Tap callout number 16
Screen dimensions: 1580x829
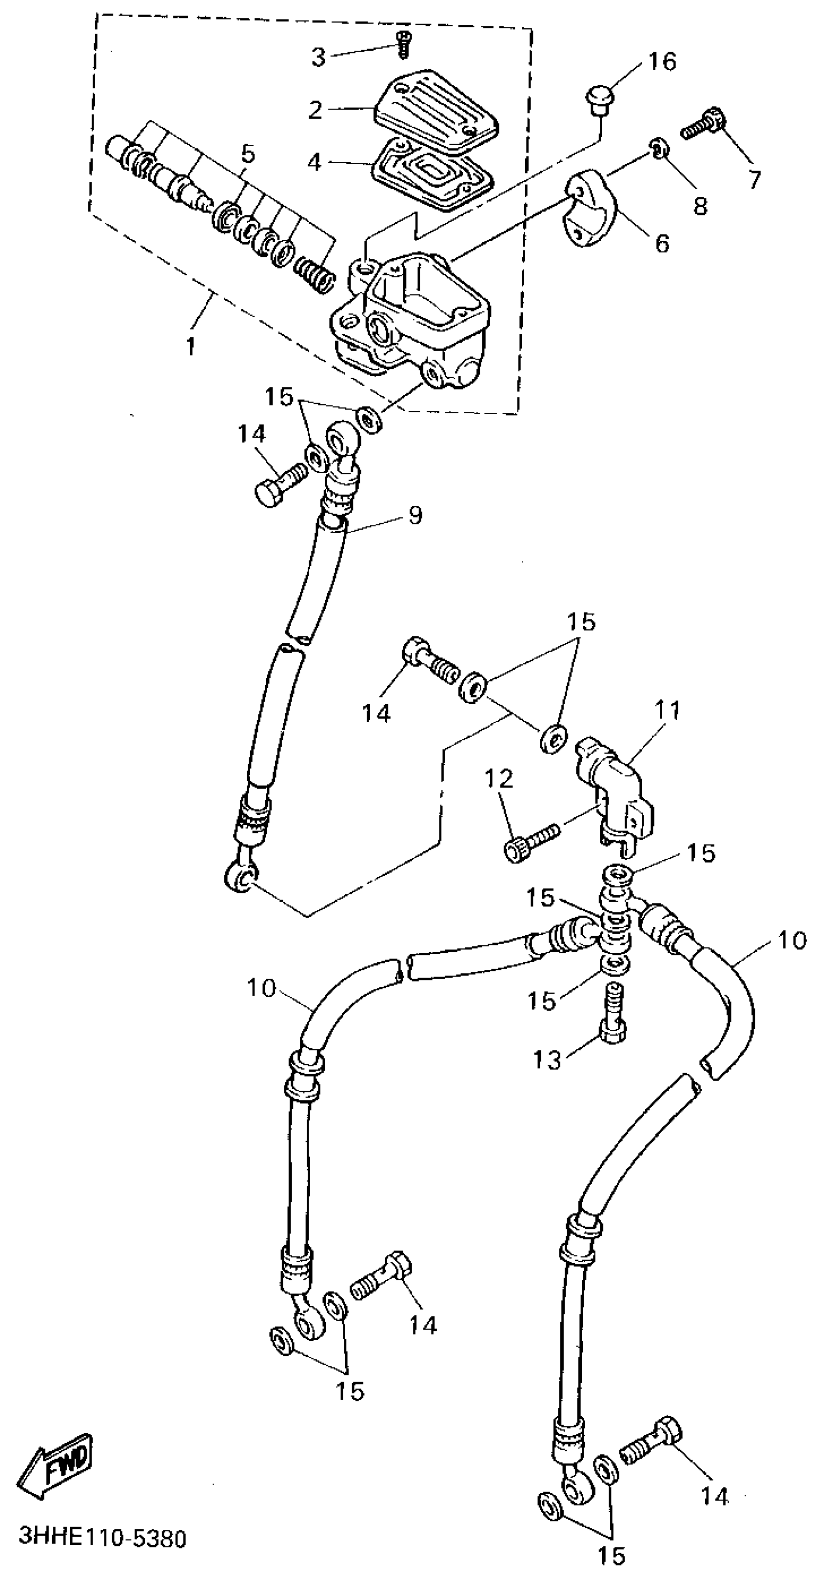(x=661, y=61)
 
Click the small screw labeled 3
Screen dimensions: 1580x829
(x=403, y=45)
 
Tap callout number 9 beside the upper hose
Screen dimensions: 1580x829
(x=415, y=515)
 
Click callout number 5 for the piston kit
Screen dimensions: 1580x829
(x=248, y=154)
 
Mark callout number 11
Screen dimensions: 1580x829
(x=668, y=710)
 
